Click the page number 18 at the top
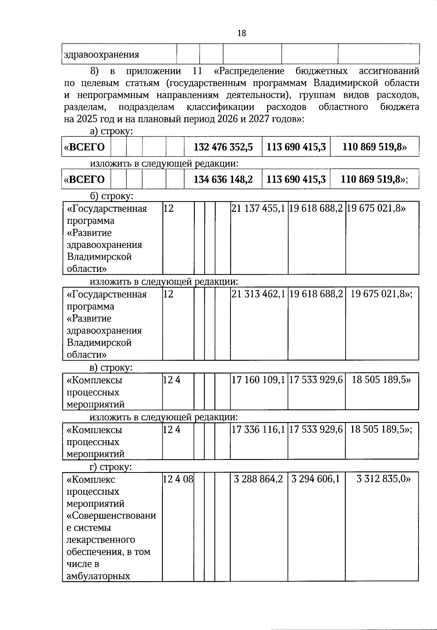[x=242, y=34]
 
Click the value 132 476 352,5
[x=223, y=147]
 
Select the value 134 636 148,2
[x=223, y=179]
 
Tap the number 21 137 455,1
[x=259, y=209]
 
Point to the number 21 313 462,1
[x=259, y=294]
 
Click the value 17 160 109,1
[x=259, y=380]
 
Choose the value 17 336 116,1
[x=259, y=430]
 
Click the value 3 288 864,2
[x=259, y=479]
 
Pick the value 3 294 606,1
[x=316, y=479]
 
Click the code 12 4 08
[x=178, y=479]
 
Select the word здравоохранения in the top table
[x=102, y=55]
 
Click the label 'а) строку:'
[x=111, y=132]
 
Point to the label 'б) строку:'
[x=111, y=196]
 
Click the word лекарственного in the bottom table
[x=101, y=540]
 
